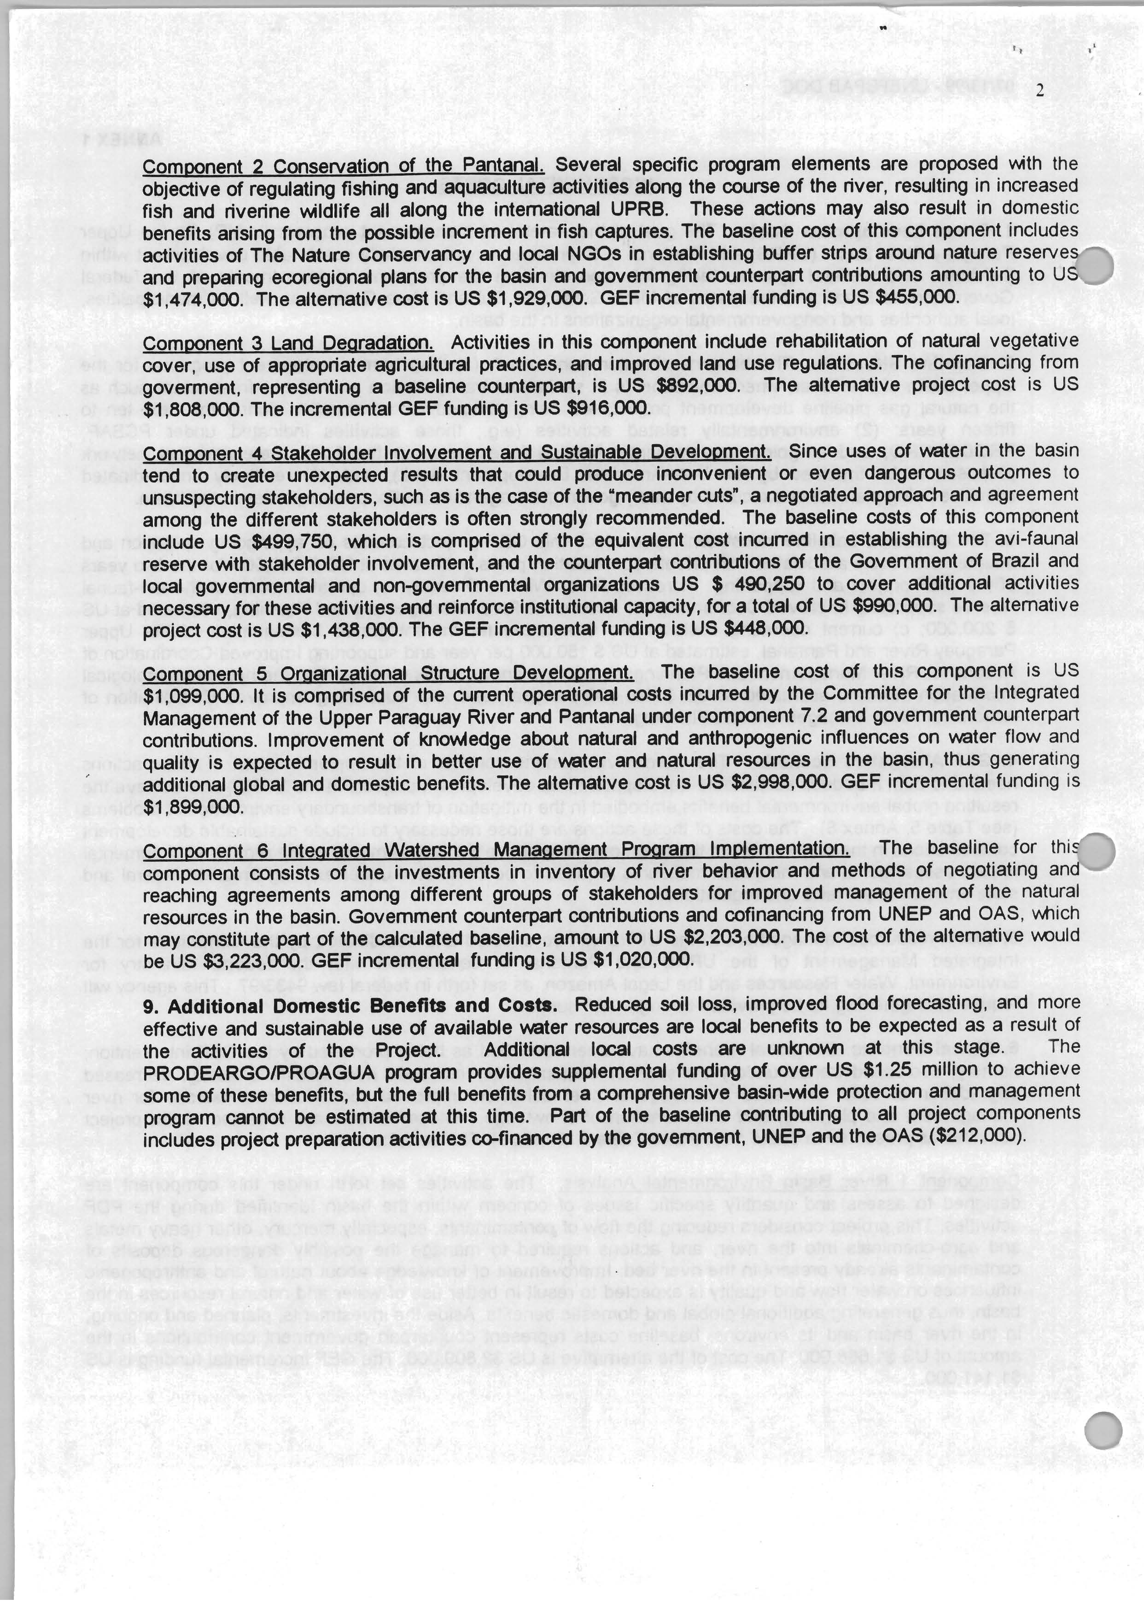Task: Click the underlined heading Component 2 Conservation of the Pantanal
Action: click(x=343, y=166)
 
